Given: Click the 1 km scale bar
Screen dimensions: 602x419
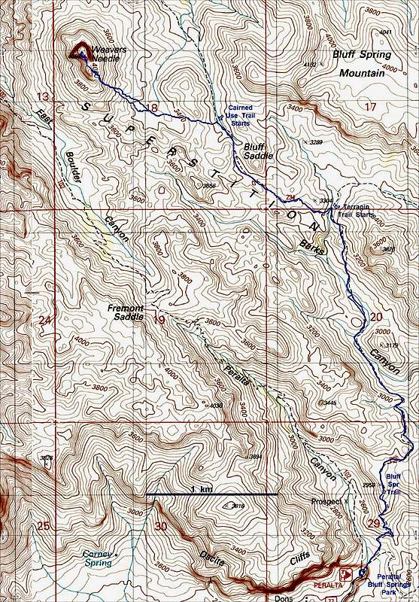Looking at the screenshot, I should (212, 494).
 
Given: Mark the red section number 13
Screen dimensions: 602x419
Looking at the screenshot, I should (46, 96).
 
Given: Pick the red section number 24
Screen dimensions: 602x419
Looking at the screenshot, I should (46, 321).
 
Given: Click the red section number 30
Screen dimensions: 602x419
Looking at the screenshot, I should (159, 525).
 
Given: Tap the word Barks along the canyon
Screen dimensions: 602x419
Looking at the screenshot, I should (311, 247).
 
